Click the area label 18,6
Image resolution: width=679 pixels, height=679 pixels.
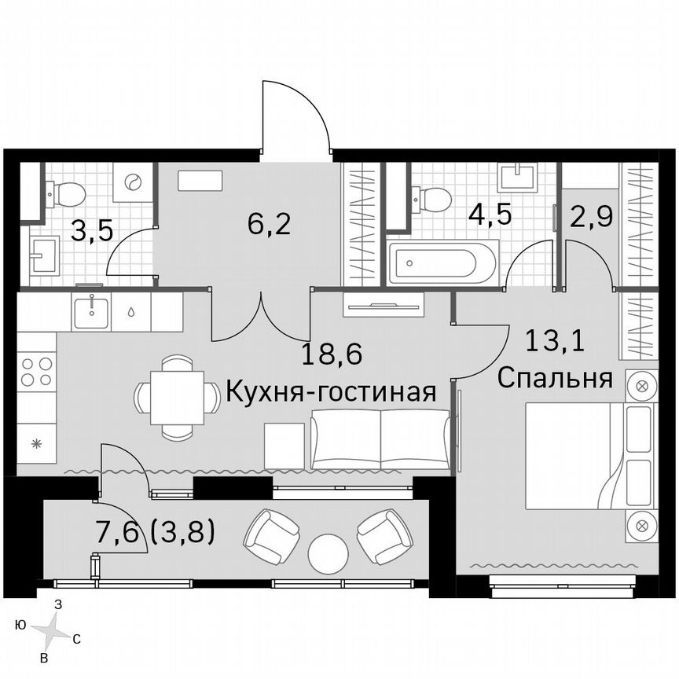(332, 356)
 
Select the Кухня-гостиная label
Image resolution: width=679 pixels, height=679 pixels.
(331, 391)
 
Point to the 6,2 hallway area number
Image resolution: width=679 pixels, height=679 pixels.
(270, 225)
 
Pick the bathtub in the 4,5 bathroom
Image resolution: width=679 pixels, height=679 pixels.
(443, 263)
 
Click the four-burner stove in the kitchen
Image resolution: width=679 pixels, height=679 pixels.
(37, 371)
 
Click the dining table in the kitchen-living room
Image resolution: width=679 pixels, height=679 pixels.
(177, 397)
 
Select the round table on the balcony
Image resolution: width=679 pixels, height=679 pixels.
(328, 554)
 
